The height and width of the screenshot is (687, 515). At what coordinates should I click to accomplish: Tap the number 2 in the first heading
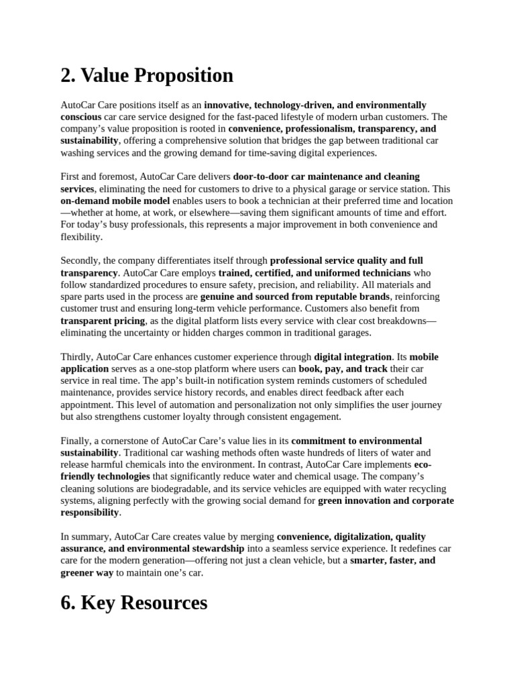(67, 75)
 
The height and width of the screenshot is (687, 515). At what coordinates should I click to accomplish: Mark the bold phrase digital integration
(353, 357)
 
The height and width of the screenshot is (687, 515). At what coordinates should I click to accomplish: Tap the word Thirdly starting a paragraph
(79, 357)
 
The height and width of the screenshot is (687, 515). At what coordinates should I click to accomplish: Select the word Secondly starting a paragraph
(83, 260)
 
